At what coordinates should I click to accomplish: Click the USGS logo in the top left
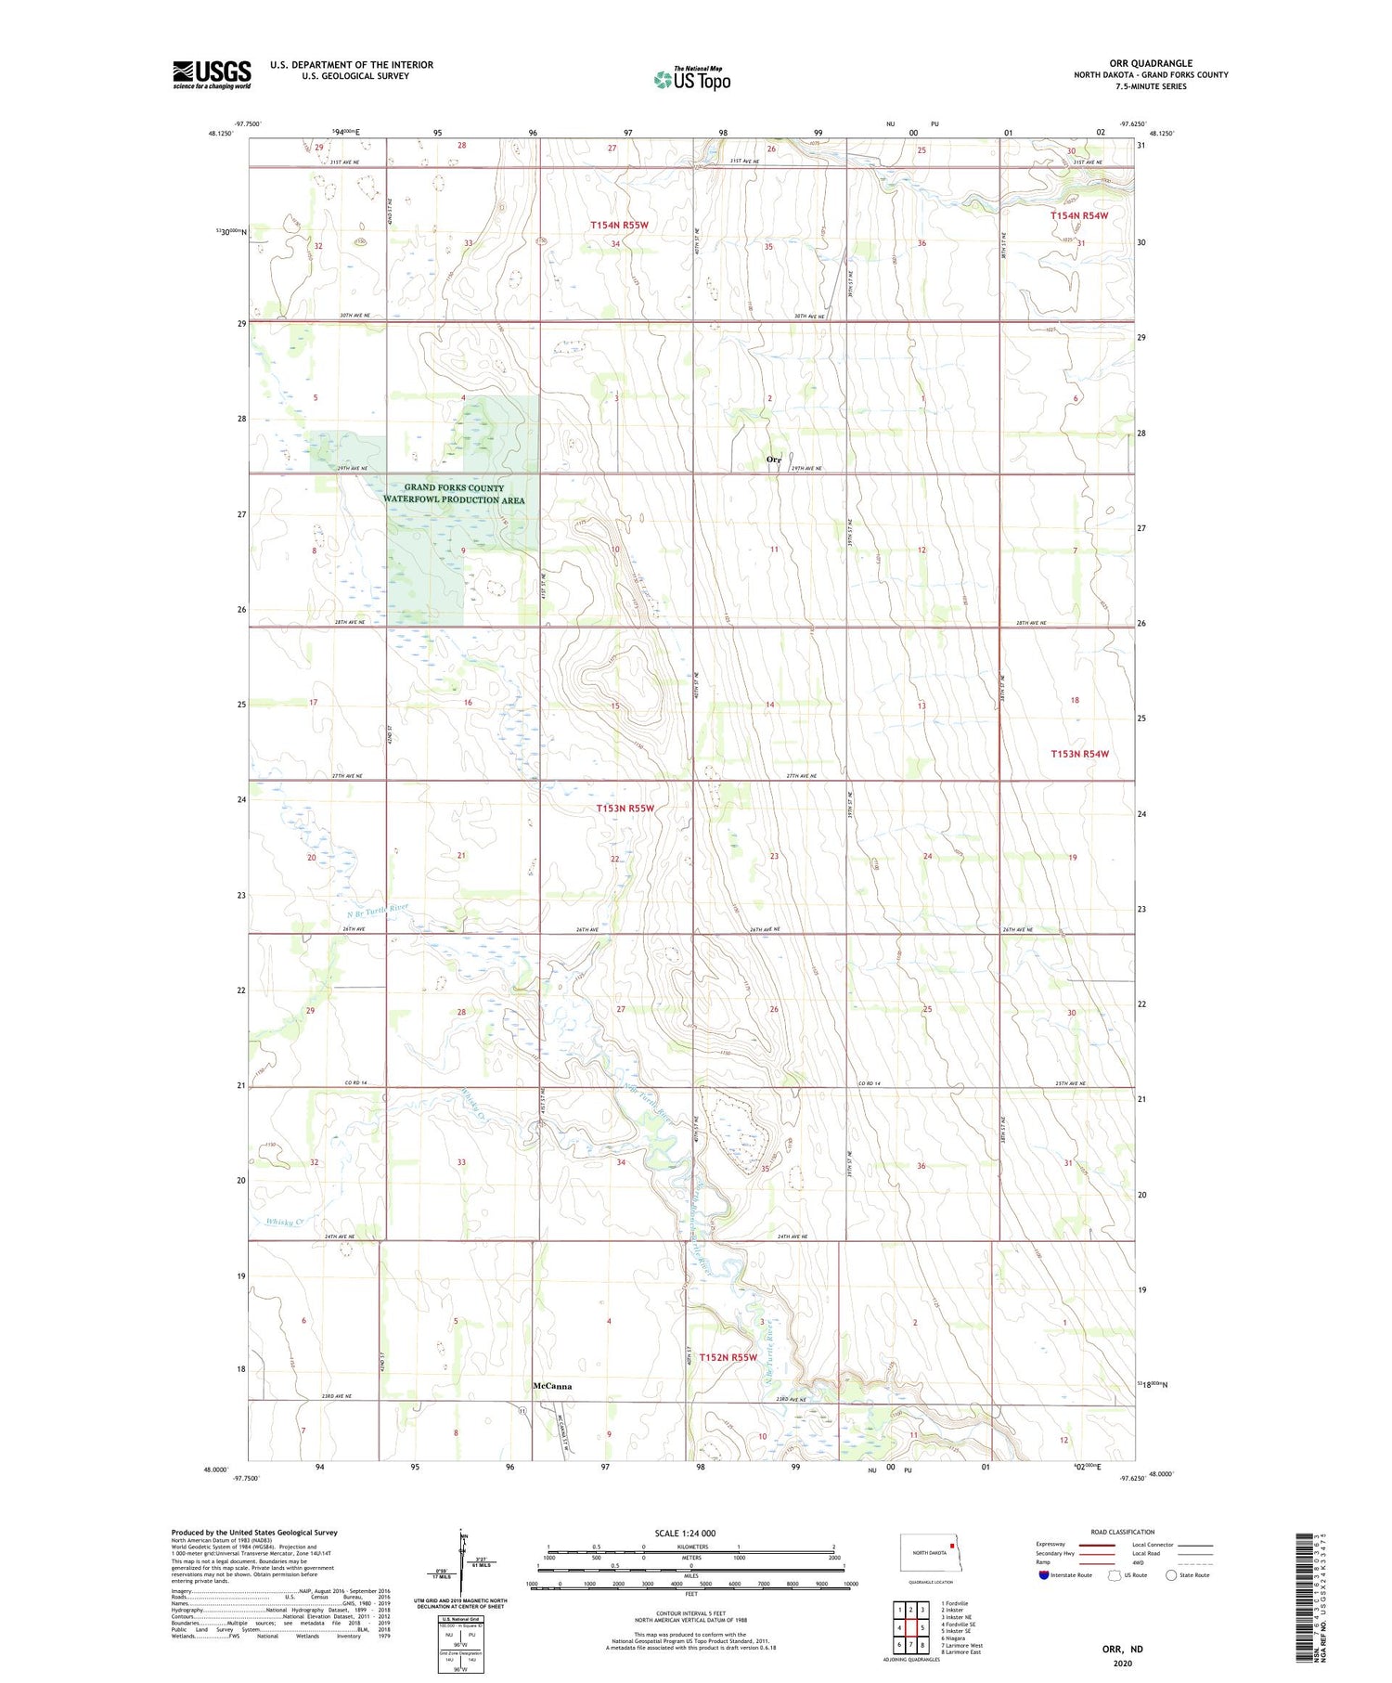click(x=212, y=74)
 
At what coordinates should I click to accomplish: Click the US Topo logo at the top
click(x=691, y=80)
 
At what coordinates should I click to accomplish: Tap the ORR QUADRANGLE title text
click(x=1150, y=63)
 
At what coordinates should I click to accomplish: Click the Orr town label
click(x=773, y=460)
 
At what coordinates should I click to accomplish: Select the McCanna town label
click(x=552, y=1386)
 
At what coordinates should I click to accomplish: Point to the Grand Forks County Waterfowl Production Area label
click(x=454, y=494)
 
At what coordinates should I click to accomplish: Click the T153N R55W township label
click(x=625, y=809)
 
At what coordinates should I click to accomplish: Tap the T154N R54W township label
click(x=1079, y=215)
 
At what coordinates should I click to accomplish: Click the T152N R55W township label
click(x=728, y=1357)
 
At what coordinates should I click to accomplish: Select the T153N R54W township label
click(x=1079, y=754)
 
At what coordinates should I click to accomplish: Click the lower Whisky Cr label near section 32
click(x=285, y=1222)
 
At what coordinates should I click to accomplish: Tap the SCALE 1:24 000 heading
click(x=685, y=1533)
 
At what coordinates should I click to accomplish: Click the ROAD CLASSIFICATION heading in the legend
click(x=1122, y=1532)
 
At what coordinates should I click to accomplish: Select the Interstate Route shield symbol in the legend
click(x=1043, y=1575)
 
